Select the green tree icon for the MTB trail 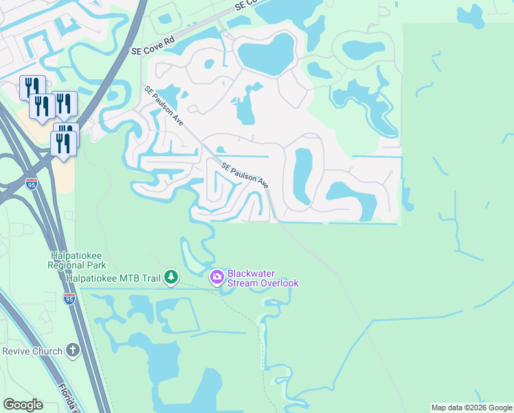[x=171, y=277]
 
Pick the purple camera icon [x=217, y=277]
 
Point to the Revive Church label [x=32, y=351]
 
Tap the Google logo [x=23, y=405]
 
